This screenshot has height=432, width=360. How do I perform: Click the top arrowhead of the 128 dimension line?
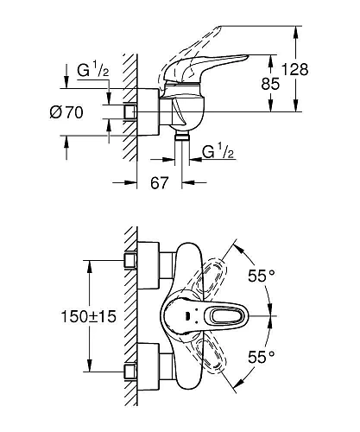pos(298,29)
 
